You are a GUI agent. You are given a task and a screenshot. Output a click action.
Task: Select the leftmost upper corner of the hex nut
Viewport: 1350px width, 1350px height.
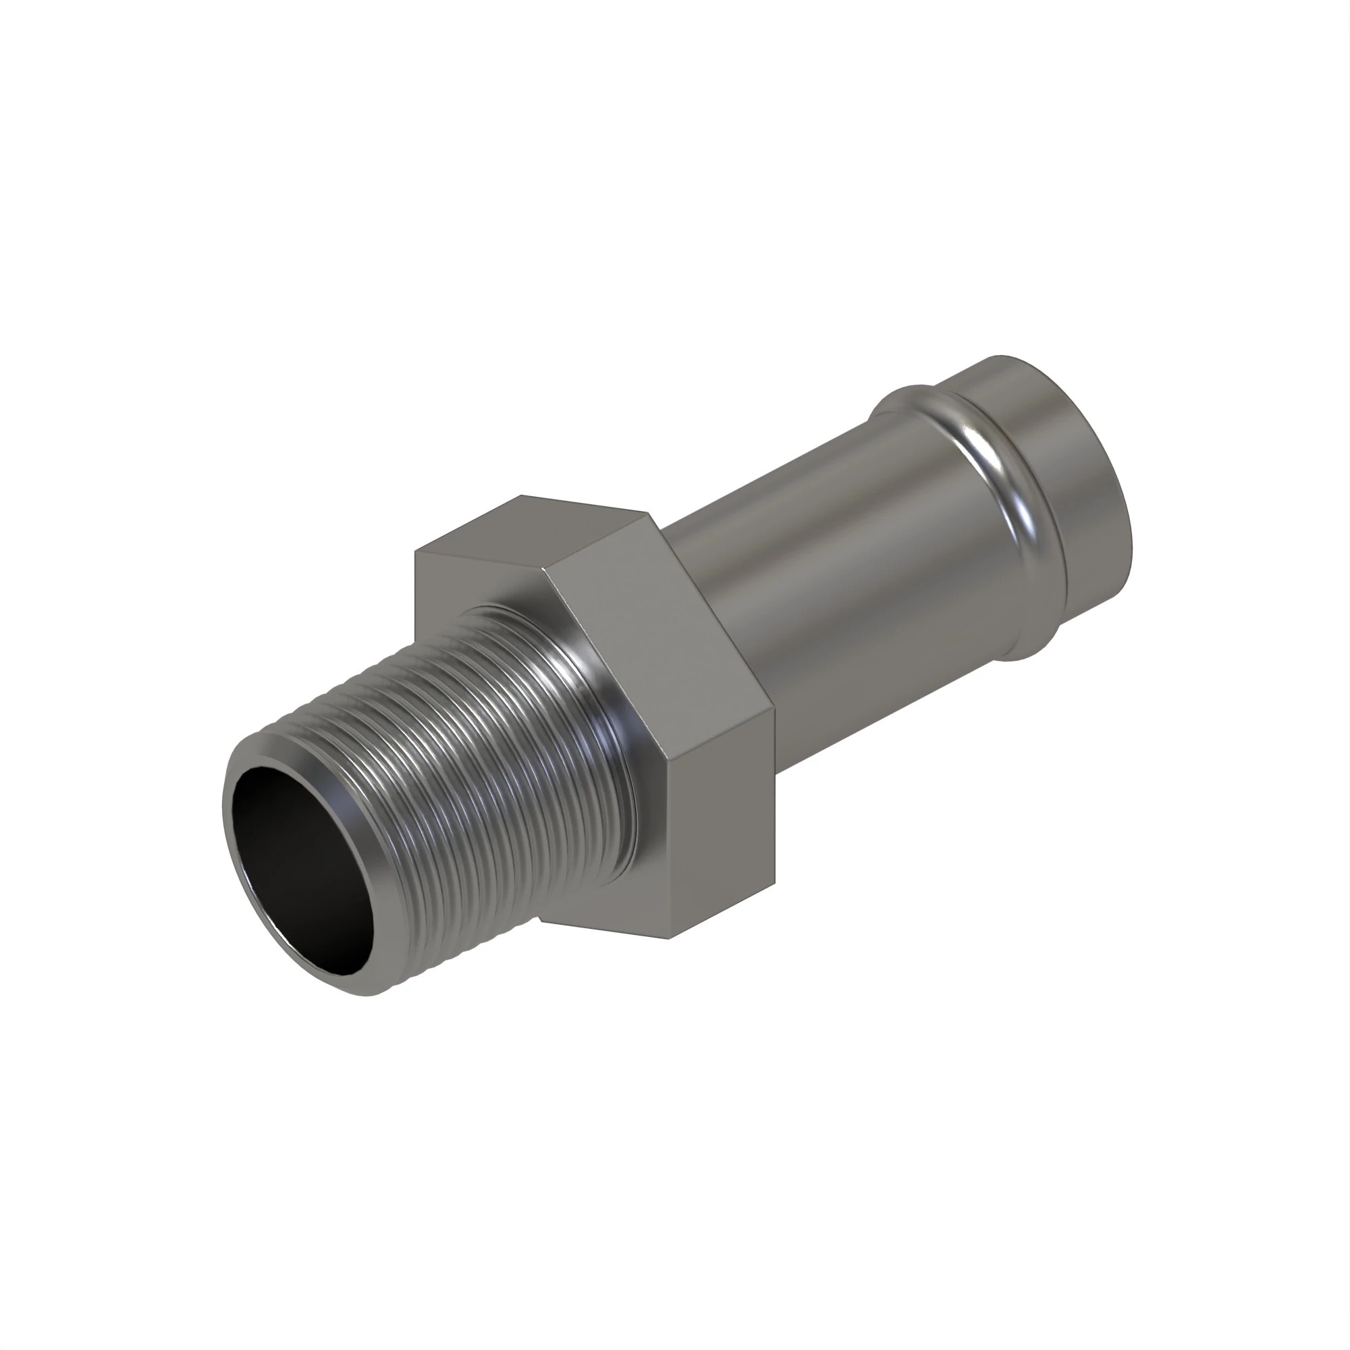pos(416,552)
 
